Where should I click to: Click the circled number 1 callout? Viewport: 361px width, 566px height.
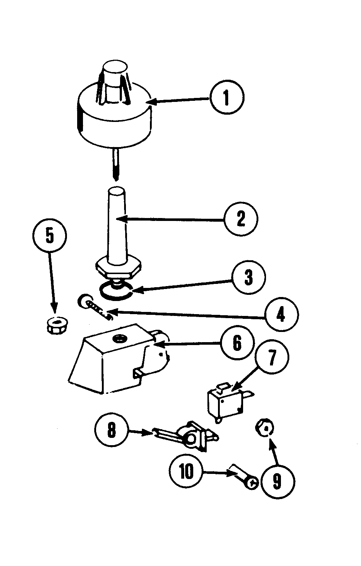click(227, 98)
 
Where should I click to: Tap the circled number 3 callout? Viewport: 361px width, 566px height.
click(249, 278)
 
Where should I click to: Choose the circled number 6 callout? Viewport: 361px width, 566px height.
click(237, 343)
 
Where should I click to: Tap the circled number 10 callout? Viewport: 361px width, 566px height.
click(187, 472)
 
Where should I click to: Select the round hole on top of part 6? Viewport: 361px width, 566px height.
click(119, 339)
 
